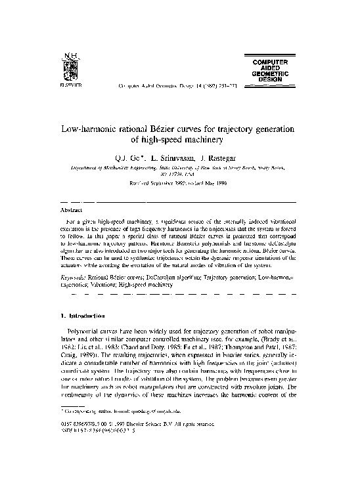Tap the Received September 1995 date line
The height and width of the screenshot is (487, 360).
[179, 184]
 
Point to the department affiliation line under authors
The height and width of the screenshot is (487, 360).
[179, 169]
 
